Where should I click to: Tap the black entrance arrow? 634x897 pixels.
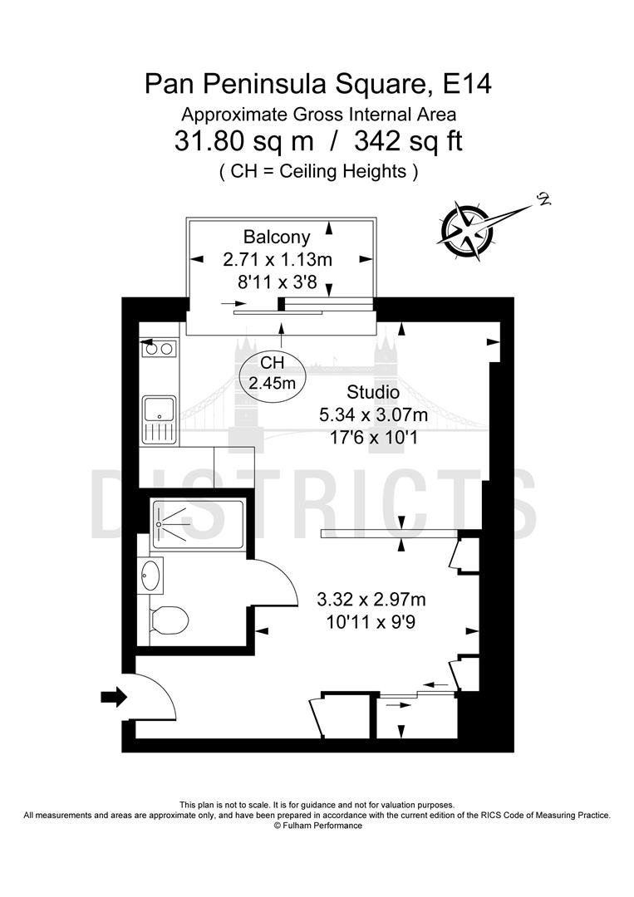[114, 696]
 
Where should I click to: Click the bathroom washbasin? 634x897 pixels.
[151, 575]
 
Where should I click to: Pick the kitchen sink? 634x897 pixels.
[159, 420]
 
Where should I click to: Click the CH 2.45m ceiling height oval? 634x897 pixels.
[273, 372]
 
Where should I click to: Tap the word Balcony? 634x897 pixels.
[277, 237]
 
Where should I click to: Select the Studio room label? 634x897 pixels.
[373, 392]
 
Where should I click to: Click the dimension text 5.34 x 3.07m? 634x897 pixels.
[373, 414]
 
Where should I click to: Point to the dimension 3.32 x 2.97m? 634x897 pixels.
[371, 600]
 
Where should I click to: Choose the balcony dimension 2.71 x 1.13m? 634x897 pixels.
[278, 260]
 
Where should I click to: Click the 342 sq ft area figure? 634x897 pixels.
[409, 141]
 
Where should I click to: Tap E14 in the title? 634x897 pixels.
[468, 84]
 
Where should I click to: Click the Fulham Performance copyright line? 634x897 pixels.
[317, 826]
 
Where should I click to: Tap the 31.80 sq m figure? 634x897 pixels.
[244, 141]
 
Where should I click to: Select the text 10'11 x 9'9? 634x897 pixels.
[371, 622]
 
